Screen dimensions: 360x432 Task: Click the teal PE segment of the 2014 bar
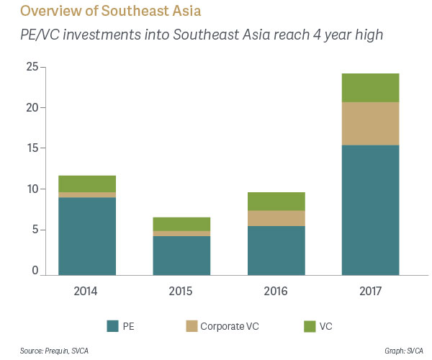point(87,236)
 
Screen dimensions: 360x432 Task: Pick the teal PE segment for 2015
point(181,256)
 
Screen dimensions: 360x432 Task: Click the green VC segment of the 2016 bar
point(276,202)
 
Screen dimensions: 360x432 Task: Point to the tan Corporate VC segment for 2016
point(276,218)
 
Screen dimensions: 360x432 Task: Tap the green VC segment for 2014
point(87,184)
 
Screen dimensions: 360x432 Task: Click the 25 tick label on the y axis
point(32,67)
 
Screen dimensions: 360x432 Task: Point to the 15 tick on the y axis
point(32,148)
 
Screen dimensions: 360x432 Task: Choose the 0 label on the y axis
point(35,271)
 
